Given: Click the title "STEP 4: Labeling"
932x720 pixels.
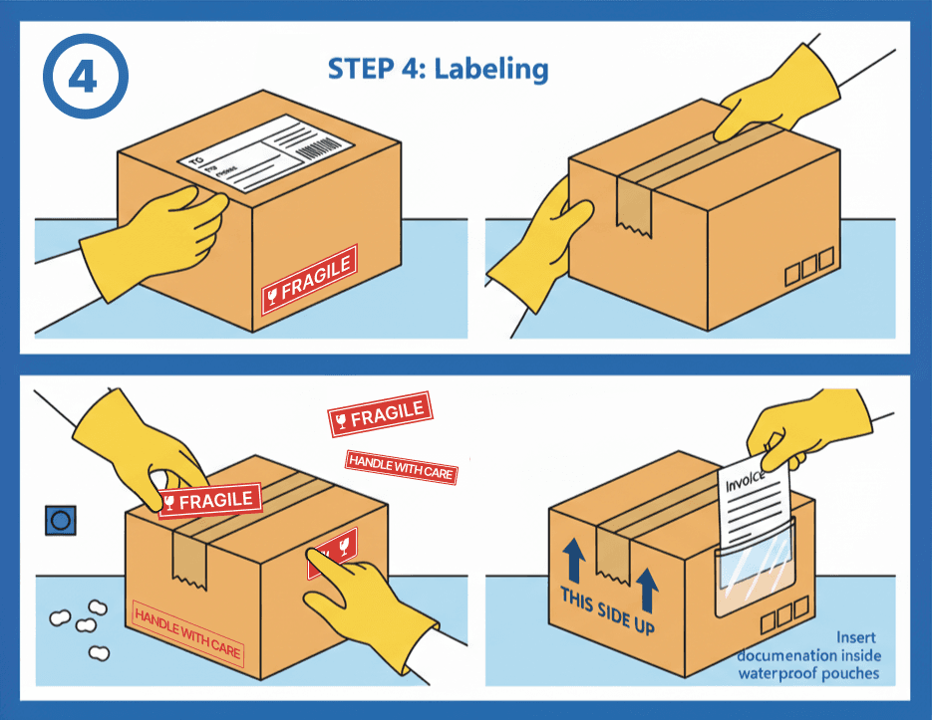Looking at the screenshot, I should click(439, 69).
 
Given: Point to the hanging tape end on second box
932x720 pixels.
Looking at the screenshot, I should click(634, 211).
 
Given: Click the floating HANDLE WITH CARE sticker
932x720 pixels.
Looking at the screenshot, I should click(401, 466).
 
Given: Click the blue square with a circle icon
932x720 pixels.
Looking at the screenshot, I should click(60, 520).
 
